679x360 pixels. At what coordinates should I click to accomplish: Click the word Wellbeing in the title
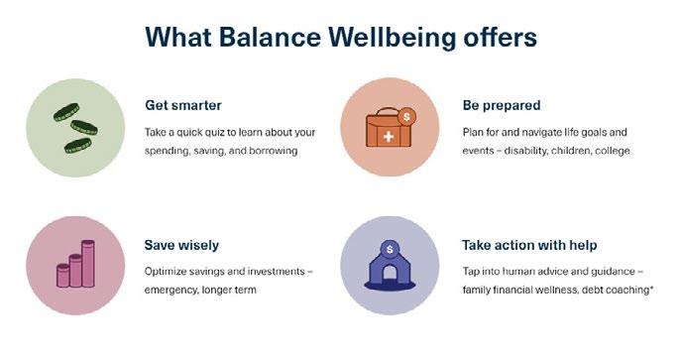pyautogui.click(x=393, y=38)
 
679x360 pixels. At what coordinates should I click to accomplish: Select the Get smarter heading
pyautogui.click(x=183, y=105)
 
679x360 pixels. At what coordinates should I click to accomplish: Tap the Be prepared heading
pyautogui.click(x=502, y=106)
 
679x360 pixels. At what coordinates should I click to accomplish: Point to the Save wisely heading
pyautogui.click(x=181, y=245)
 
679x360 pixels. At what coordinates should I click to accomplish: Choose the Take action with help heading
pyautogui.click(x=529, y=245)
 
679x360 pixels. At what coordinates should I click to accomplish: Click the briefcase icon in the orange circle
pyautogui.click(x=389, y=129)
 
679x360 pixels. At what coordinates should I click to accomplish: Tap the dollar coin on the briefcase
pyautogui.click(x=406, y=117)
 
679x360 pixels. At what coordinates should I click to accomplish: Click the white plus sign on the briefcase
pyautogui.click(x=389, y=137)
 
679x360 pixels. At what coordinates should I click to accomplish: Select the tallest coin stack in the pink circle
pyautogui.click(x=88, y=264)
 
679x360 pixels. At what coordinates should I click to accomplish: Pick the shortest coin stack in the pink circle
pyautogui.click(x=62, y=276)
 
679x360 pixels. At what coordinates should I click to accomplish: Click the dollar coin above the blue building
pyautogui.click(x=390, y=249)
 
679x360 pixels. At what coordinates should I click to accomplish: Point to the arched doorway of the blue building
pyautogui.click(x=390, y=273)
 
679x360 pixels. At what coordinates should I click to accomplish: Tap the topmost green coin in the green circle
pyautogui.click(x=66, y=112)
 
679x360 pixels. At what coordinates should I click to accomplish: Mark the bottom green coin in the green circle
pyautogui.click(x=78, y=146)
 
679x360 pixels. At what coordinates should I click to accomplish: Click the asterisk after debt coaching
pyautogui.click(x=651, y=288)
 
